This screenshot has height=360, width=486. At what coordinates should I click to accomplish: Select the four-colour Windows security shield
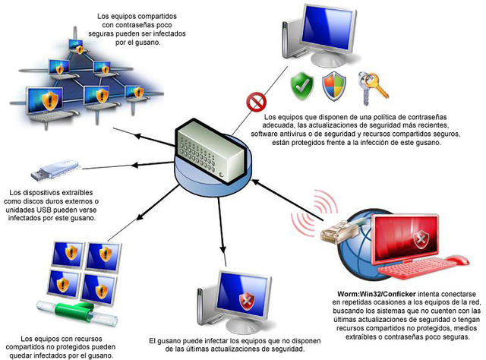point(333,85)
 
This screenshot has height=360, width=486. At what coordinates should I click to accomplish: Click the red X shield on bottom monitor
point(247,302)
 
